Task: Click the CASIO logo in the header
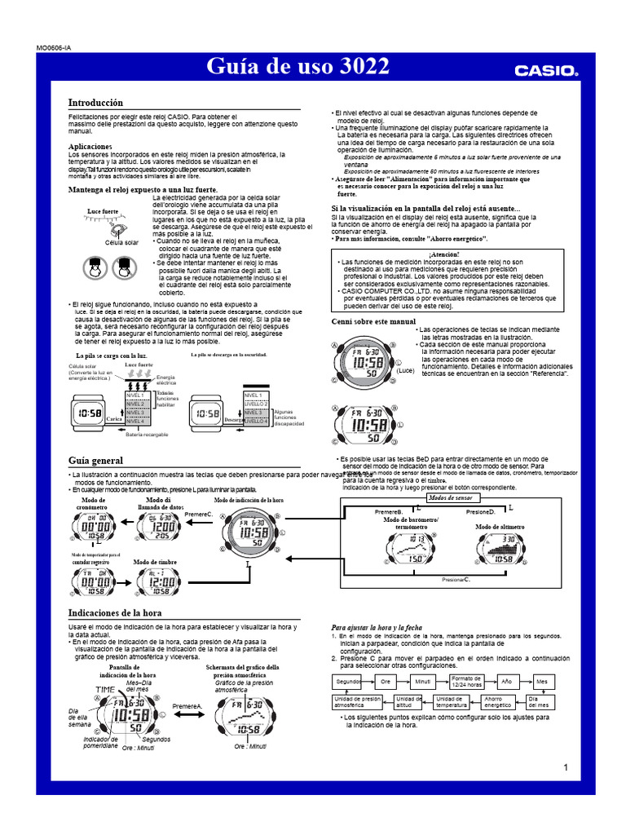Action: coord(545,70)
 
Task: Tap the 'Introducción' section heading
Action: coord(95,104)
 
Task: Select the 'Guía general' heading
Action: coord(95,461)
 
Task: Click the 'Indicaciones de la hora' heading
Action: coord(115,612)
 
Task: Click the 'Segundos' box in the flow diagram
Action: coord(349,681)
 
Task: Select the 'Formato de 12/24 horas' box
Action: coord(467,681)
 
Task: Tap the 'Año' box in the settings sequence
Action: coord(506,681)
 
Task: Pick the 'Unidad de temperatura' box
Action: coord(452,702)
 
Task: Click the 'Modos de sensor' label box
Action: coord(450,497)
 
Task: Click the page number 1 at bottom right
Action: coord(565,767)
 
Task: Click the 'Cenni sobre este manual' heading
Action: coord(373,322)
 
